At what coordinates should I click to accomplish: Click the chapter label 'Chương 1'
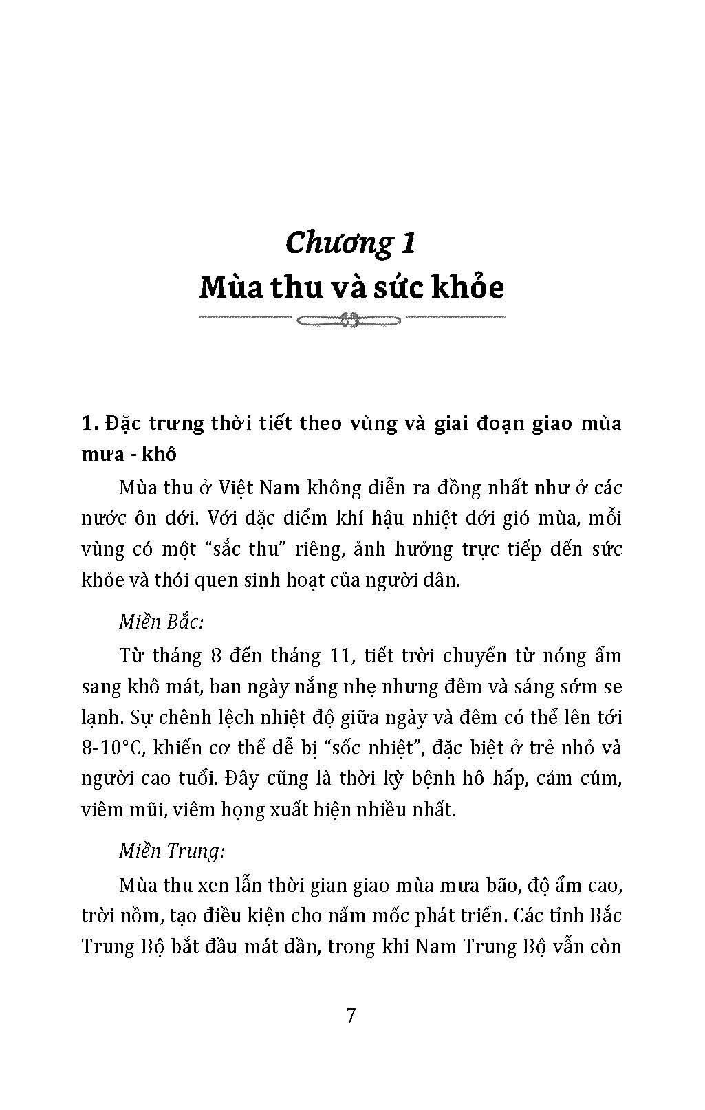click(x=351, y=243)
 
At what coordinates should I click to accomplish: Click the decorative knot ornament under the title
click(x=351, y=318)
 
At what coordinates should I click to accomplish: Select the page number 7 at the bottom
click(x=351, y=1015)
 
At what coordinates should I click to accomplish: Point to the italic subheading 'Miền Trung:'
click(x=172, y=851)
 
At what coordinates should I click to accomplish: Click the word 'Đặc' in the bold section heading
click(x=123, y=423)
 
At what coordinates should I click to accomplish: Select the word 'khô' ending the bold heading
click(x=158, y=455)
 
